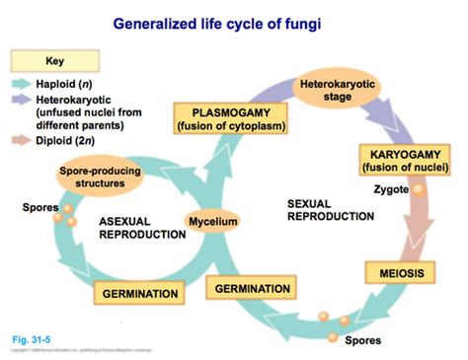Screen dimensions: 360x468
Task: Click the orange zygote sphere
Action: pos(418,190)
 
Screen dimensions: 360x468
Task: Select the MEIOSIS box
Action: pos(401,271)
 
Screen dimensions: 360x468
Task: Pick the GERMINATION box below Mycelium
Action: pos(252,287)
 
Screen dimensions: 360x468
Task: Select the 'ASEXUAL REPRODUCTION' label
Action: pos(140,227)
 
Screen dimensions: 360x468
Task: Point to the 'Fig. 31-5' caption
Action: pos(31,339)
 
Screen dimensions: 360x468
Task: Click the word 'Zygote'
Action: pos(390,188)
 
